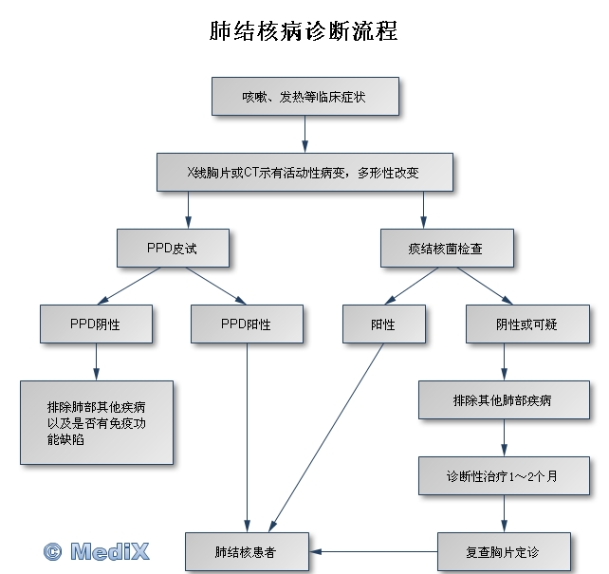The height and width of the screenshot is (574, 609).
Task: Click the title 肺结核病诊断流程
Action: (304, 31)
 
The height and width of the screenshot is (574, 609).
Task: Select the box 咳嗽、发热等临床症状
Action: (304, 97)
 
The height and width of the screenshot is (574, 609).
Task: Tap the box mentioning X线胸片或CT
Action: (304, 173)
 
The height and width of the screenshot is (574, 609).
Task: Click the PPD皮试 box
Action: (173, 248)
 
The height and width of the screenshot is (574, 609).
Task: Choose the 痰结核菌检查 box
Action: (447, 248)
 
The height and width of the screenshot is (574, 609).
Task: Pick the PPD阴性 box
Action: (96, 324)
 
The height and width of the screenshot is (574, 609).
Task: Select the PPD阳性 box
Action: (247, 324)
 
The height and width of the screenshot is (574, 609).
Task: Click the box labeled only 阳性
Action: (383, 324)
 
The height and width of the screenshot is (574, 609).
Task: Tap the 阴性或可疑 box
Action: (526, 324)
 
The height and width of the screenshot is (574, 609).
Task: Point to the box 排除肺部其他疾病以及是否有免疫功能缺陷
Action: (97, 422)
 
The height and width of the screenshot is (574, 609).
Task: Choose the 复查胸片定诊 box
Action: (504, 551)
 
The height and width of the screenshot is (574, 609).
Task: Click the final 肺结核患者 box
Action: (246, 551)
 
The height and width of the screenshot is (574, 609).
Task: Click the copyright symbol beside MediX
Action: (53, 550)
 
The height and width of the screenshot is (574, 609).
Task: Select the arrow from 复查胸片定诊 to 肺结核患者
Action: (375, 551)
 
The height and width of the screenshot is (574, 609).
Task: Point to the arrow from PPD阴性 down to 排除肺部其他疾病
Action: (97, 361)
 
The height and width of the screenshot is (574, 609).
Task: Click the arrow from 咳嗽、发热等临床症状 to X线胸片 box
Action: (304, 135)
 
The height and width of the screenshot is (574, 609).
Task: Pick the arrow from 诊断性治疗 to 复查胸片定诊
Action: (504, 513)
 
